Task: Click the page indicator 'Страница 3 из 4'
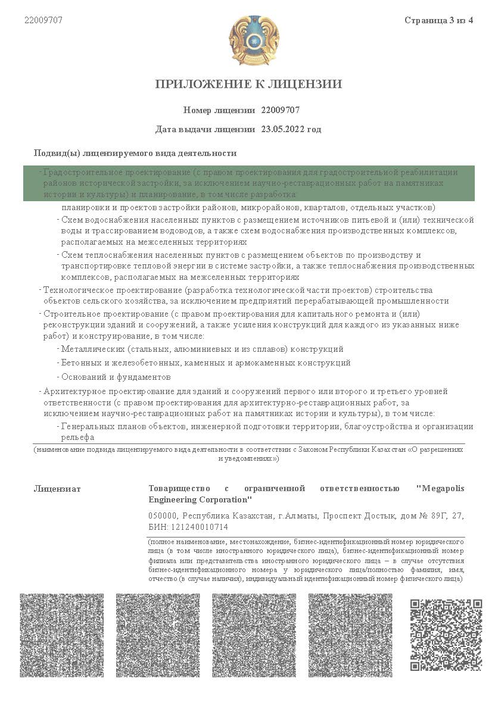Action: (438, 21)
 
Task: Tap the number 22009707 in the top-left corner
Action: (43, 20)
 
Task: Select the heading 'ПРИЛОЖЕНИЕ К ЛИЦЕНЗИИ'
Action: (248, 84)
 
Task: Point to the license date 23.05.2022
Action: (282, 129)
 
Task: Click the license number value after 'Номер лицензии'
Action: (280, 110)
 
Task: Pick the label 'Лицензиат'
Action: (57, 489)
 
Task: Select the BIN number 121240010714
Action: (201, 527)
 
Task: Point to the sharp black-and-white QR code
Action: (446, 635)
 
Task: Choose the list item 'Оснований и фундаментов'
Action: (116, 377)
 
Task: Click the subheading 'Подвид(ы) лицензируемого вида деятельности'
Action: (135, 153)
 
